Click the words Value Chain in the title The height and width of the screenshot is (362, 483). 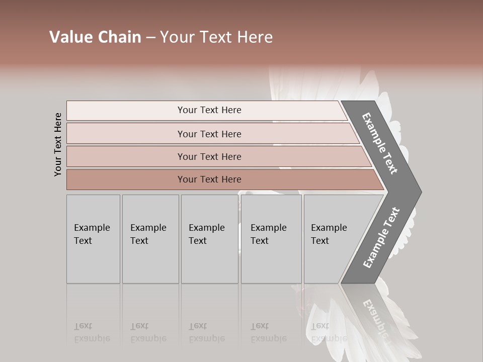95,37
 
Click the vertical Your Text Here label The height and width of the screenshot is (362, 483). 58,144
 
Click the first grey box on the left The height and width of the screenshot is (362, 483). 93,239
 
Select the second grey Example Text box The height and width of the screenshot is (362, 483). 150,239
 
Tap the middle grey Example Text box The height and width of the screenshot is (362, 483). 209,239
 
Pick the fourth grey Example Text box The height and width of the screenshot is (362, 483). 271,239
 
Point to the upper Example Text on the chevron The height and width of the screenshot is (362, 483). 380,143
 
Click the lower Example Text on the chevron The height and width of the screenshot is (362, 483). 381,237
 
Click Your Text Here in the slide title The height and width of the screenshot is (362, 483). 216,37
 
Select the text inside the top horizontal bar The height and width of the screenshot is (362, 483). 209,110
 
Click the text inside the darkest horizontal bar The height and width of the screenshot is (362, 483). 209,179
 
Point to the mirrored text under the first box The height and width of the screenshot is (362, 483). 92,332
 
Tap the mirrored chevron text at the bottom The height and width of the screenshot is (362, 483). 375,317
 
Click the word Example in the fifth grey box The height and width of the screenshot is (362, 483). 329,228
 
